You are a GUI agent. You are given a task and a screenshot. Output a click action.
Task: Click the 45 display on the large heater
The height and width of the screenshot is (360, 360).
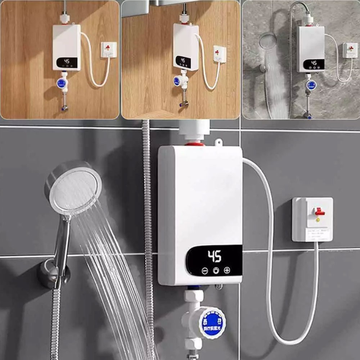tap(215, 257)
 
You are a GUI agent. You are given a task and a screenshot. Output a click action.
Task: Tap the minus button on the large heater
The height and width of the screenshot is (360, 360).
tap(205, 271)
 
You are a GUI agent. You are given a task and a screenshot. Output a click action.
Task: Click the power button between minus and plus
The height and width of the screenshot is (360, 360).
tap(216, 271)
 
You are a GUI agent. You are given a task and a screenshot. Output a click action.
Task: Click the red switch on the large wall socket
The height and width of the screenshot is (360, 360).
tap(319, 212)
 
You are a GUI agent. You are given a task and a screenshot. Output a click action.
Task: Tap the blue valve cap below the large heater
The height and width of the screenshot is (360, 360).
tap(212, 322)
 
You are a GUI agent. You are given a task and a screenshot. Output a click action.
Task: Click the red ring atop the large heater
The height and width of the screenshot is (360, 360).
tap(195, 144)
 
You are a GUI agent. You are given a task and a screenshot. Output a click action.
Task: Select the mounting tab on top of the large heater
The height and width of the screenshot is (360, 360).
tap(219, 143)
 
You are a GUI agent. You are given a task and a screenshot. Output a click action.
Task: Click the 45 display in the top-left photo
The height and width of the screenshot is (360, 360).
tap(67, 62)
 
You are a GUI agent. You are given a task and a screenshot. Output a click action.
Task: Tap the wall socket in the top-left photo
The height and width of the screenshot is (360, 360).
tap(109, 50)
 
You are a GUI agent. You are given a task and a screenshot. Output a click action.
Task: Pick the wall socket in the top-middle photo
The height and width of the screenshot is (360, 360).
tap(220, 54)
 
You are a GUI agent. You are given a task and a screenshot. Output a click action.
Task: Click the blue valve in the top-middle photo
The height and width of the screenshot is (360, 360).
tap(177, 81)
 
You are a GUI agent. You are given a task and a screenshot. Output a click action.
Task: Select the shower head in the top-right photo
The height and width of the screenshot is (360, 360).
tap(267, 41)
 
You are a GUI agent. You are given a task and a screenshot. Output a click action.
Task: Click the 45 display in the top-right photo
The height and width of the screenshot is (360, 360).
tap(314, 63)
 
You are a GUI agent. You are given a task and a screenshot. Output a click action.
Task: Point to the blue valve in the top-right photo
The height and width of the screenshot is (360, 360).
tap(311, 85)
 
